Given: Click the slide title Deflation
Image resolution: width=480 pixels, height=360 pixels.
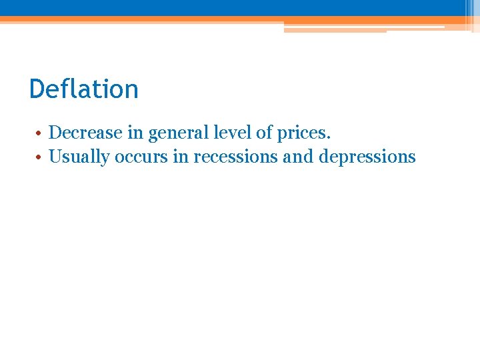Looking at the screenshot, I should tap(84, 89).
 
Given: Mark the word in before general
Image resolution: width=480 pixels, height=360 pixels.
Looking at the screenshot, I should tap(135, 133).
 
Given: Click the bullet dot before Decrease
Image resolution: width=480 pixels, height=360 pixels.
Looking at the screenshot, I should tap(40, 133).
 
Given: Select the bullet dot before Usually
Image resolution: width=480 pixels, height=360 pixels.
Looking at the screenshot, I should tap(40, 158).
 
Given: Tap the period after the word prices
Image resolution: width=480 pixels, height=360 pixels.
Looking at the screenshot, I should tap(328, 138).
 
